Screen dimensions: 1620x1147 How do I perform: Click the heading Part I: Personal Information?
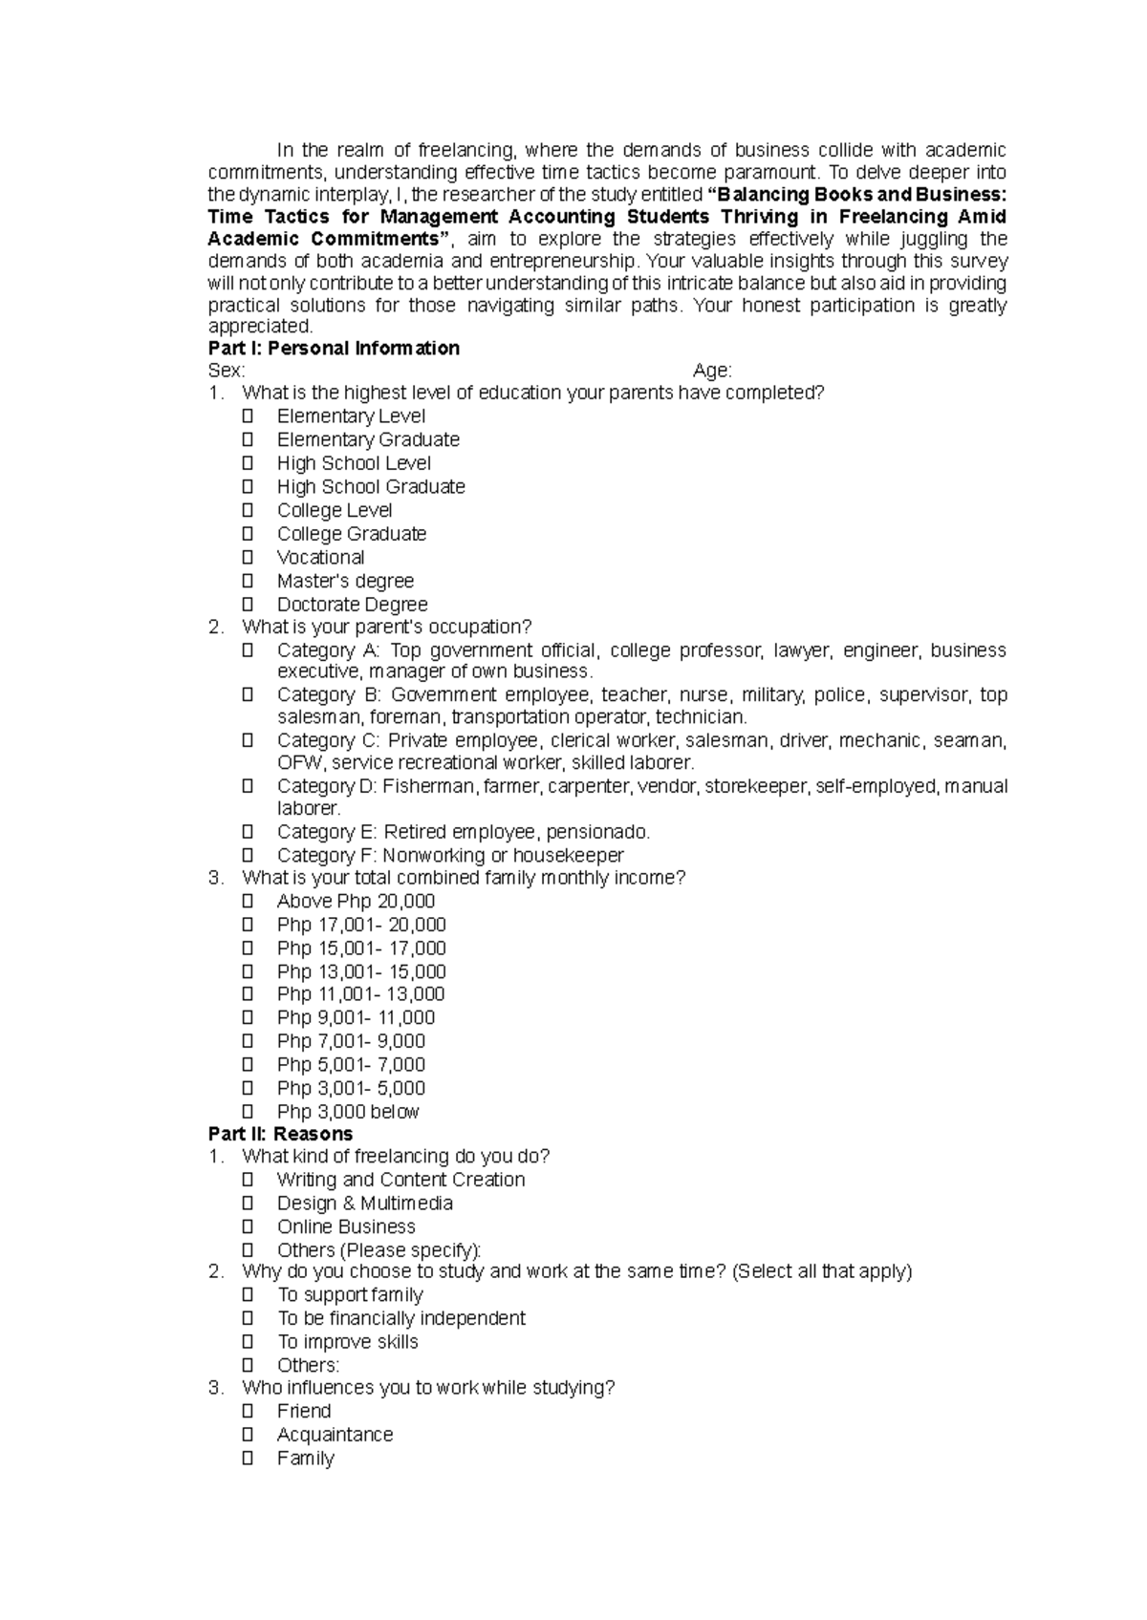pyautogui.click(x=334, y=349)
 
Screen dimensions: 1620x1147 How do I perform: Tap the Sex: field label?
pyautogui.click(x=227, y=371)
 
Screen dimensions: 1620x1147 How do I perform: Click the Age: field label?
pyautogui.click(x=712, y=371)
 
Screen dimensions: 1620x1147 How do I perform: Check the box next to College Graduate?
pyautogui.click(x=248, y=533)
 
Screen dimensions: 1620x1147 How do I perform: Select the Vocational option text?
pyautogui.click(x=320, y=558)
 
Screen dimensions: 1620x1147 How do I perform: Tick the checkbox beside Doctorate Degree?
pyautogui.click(x=248, y=604)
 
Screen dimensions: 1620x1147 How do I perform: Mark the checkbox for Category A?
pyautogui.click(x=248, y=650)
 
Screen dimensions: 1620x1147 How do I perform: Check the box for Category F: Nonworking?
pyautogui.click(x=248, y=855)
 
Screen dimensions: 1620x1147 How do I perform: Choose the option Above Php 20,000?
pyautogui.click(x=356, y=902)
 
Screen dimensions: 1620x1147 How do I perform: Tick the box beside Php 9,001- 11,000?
pyautogui.click(x=248, y=1017)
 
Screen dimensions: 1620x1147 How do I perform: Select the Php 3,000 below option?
pyautogui.click(x=348, y=1112)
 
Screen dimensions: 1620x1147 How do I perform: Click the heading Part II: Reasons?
pyautogui.click(x=280, y=1134)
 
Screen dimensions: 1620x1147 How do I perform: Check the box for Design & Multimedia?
pyautogui.click(x=248, y=1203)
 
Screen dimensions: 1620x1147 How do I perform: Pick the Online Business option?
pyautogui.click(x=346, y=1226)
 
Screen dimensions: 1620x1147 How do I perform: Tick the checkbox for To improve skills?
pyautogui.click(x=248, y=1341)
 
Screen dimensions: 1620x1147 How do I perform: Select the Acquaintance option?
pyautogui.click(x=335, y=1435)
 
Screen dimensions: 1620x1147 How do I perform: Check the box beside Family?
pyautogui.click(x=248, y=1458)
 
